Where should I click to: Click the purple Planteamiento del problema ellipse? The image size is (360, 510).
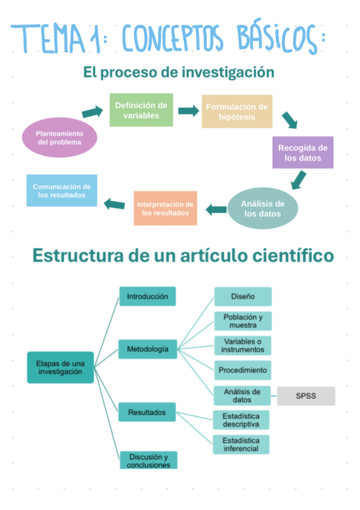point(59,138)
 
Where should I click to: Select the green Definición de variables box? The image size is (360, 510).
point(141,110)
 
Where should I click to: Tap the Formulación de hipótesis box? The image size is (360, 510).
point(237,111)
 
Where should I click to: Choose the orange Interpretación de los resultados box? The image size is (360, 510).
point(165,208)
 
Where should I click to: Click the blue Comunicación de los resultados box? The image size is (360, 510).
point(62,191)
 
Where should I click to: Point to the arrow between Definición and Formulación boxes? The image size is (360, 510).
point(188,111)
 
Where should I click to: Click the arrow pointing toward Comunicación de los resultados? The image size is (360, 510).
point(114,204)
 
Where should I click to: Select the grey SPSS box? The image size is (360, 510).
point(306,396)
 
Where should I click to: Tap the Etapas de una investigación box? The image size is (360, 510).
point(61,367)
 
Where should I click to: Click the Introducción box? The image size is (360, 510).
point(147,296)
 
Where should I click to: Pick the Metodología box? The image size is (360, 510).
point(147,349)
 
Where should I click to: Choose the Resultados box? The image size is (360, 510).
point(147,413)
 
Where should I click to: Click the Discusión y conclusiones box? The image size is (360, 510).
point(148,460)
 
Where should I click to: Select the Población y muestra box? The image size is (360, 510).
point(243,321)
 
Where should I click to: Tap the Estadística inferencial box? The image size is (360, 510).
point(241,444)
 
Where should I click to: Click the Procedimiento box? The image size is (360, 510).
point(243,370)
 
